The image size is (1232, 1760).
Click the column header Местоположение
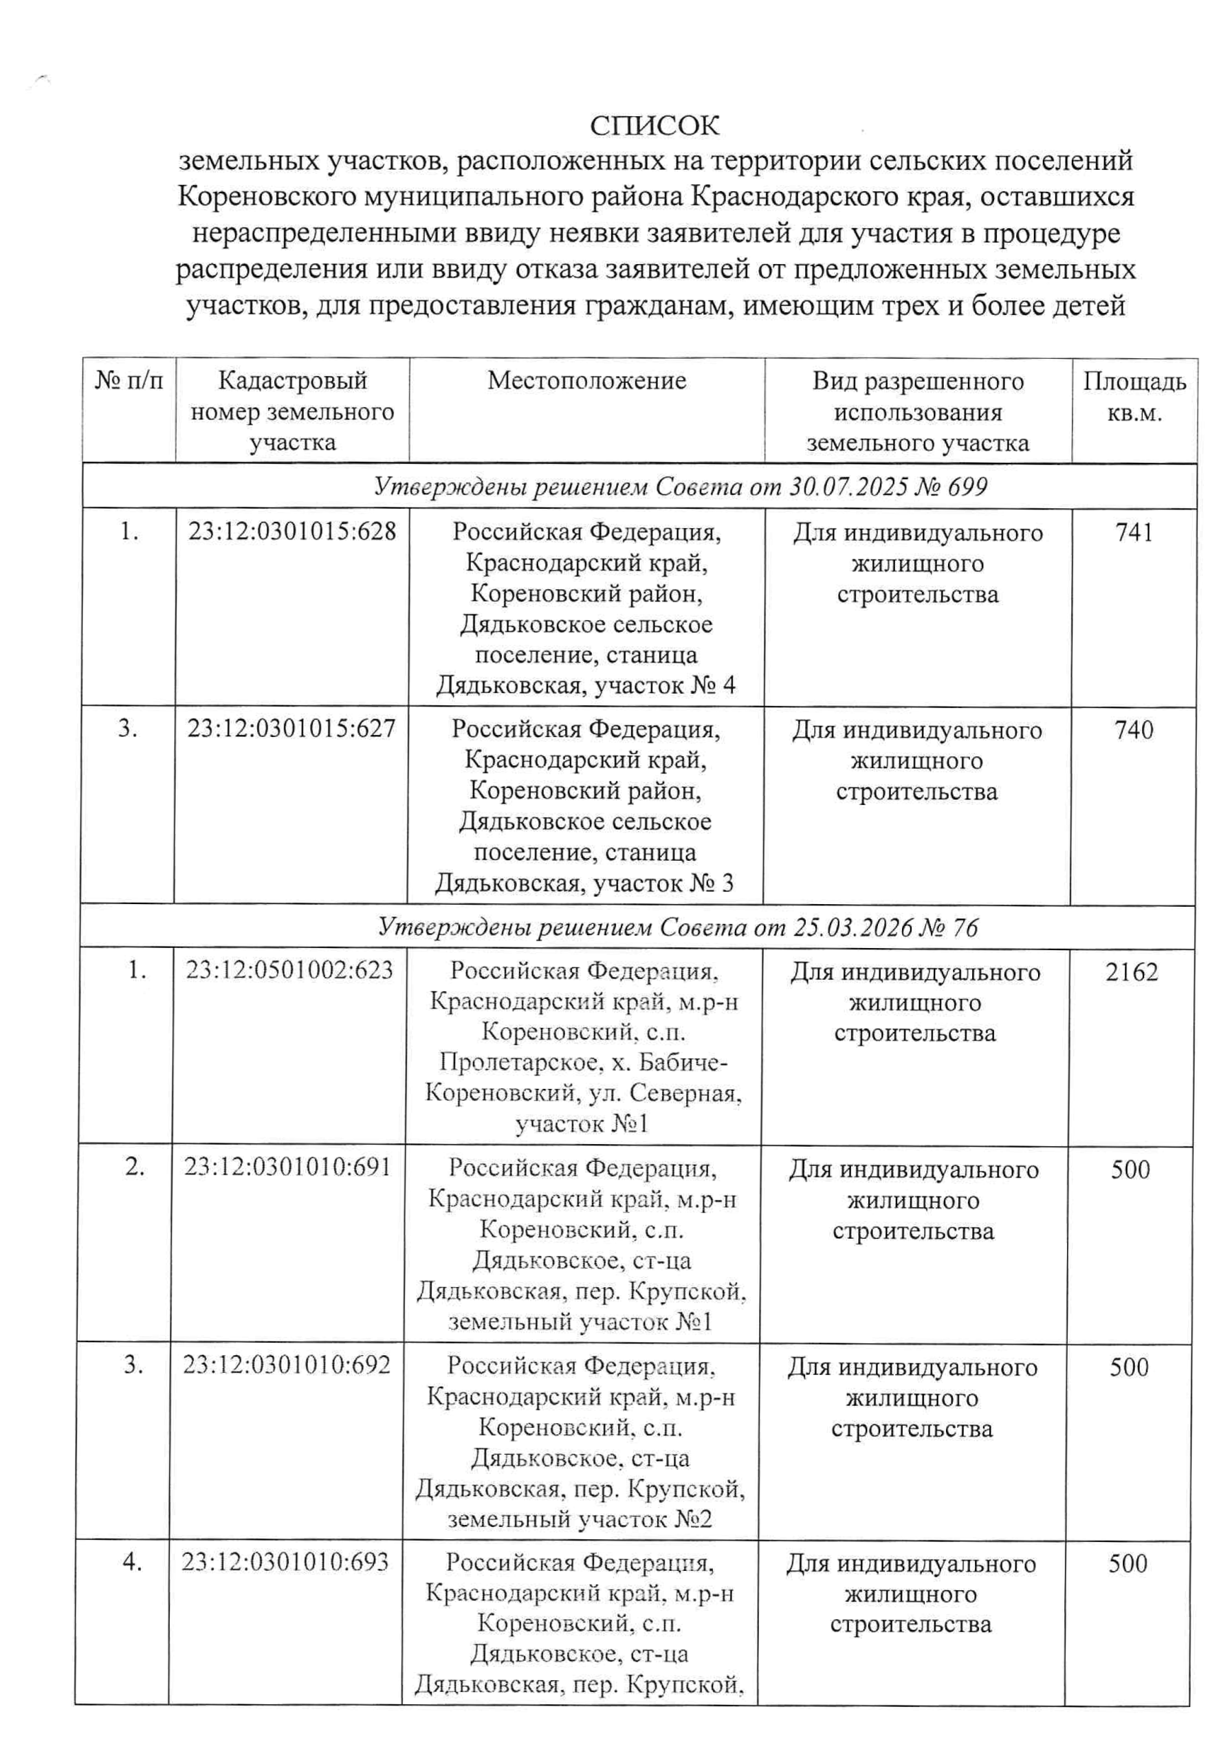586,381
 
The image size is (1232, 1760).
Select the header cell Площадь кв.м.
1134,397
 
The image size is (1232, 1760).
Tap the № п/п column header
129,381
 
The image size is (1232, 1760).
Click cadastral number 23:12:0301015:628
292,531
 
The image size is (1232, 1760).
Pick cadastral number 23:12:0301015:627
291,728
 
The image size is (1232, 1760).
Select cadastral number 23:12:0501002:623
289,971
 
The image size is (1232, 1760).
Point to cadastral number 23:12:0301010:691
287,1167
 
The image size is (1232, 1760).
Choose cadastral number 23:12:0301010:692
286,1365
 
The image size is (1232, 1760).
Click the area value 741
1134,532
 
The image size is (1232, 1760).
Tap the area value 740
1133,729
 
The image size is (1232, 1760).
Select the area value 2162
1131,972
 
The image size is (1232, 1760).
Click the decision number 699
966,487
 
